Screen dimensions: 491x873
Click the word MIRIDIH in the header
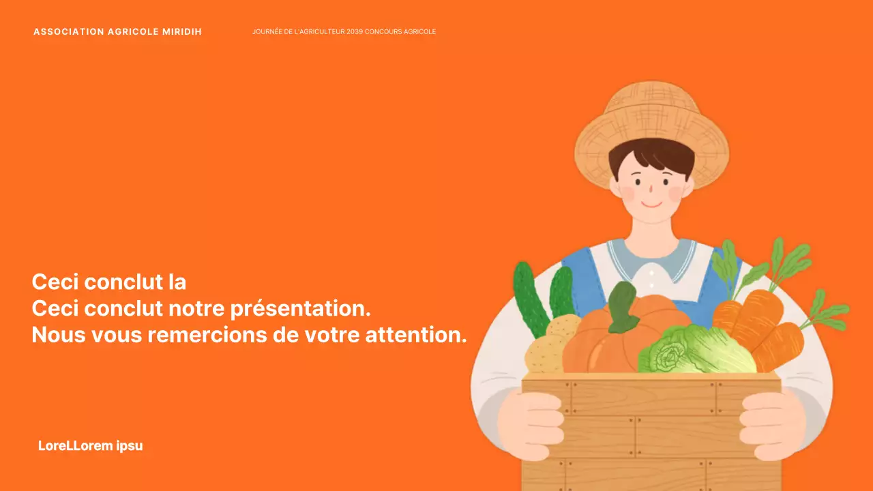[x=182, y=32]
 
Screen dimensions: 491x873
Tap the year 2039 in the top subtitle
[x=354, y=32]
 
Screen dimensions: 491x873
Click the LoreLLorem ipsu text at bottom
[x=91, y=446]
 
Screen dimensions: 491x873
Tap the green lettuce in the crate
[x=696, y=351]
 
